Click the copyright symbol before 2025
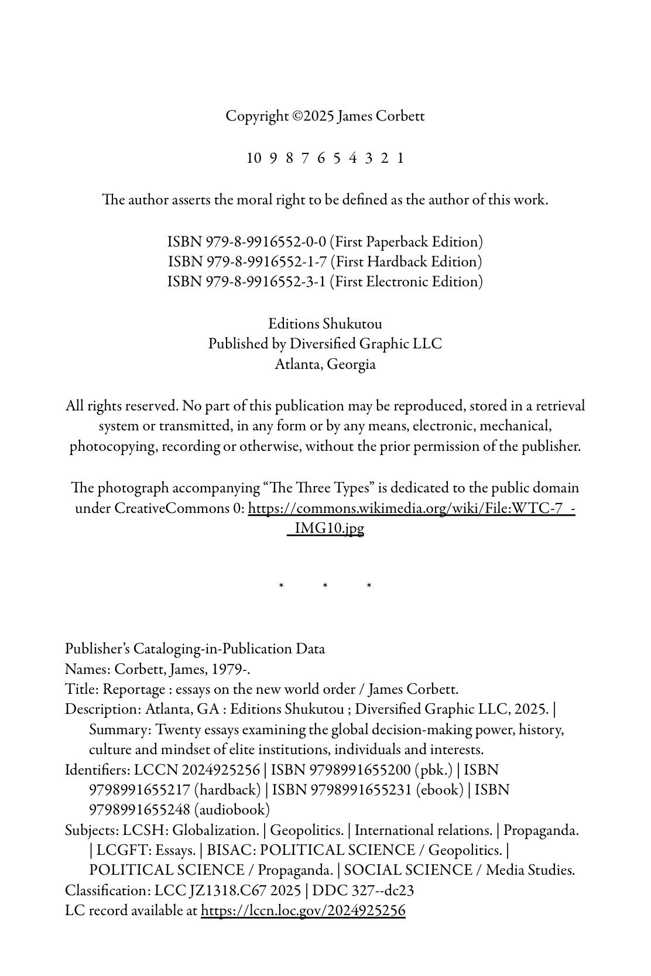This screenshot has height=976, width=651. (297, 117)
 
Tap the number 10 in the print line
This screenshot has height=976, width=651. (254, 158)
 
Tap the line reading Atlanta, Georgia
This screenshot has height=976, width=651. (325, 364)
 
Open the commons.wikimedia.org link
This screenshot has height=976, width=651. (411, 508)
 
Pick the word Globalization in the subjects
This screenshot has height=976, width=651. (215, 830)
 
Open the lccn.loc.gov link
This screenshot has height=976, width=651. (303, 910)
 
